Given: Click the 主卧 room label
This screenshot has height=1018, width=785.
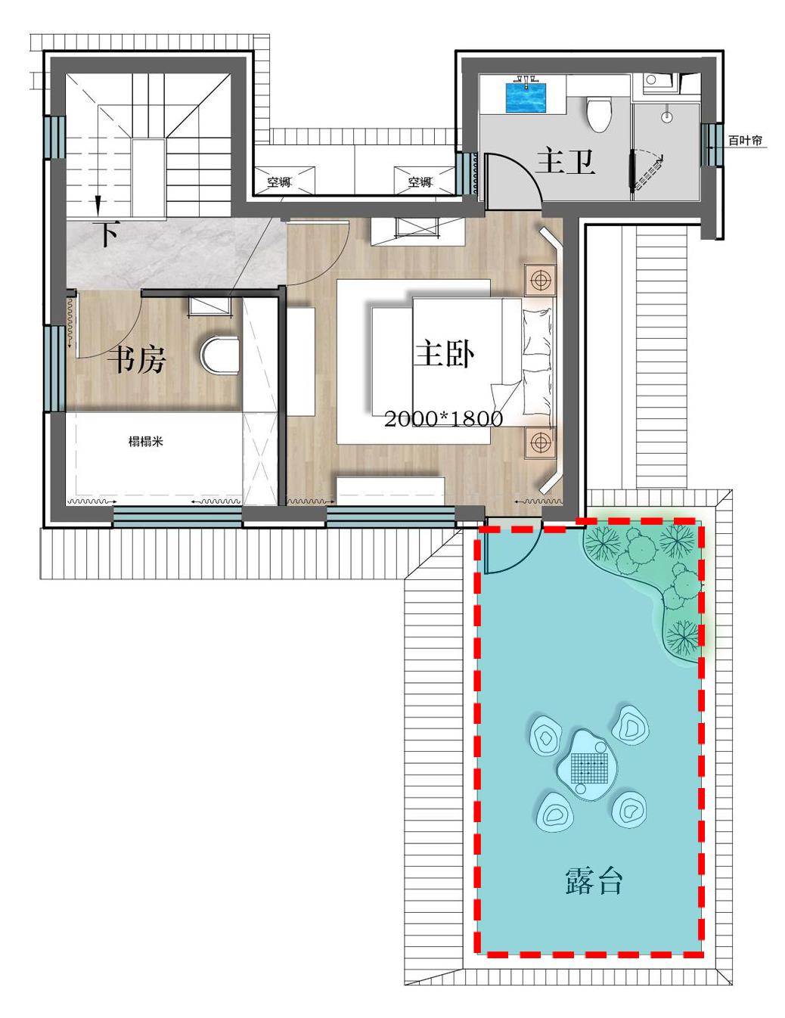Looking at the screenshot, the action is pyautogui.click(x=445, y=355).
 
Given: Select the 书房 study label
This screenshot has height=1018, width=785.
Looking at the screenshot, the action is pyautogui.click(x=136, y=360).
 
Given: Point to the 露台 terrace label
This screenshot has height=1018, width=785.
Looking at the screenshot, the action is pyautogui.click(x=594, y=881).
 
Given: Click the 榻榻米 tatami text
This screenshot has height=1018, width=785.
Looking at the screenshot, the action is pyautogui.click(x=146, y=441).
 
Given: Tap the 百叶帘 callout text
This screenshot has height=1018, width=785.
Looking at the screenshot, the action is pyautogui.click(x=745, y=140).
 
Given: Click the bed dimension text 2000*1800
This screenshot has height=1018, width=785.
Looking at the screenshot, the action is pyautogui.click(x=443, y=419).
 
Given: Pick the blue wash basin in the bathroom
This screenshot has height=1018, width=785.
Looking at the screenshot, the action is pyautogui.click(x=526, y=98).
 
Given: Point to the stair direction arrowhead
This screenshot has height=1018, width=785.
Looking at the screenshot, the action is pyautogui.click(x=98, y=205).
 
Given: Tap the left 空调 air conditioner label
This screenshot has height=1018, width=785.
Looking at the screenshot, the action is pyautogui.click(x=279, y=182).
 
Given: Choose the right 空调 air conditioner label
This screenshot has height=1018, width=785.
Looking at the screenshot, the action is pyautogui.click(x=419, y=182).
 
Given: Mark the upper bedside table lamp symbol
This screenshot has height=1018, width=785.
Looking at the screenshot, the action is pyautogui.click(x=540, y=280).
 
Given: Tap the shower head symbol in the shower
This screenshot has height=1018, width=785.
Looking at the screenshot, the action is pyautogui.click(x=666, y=116).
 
